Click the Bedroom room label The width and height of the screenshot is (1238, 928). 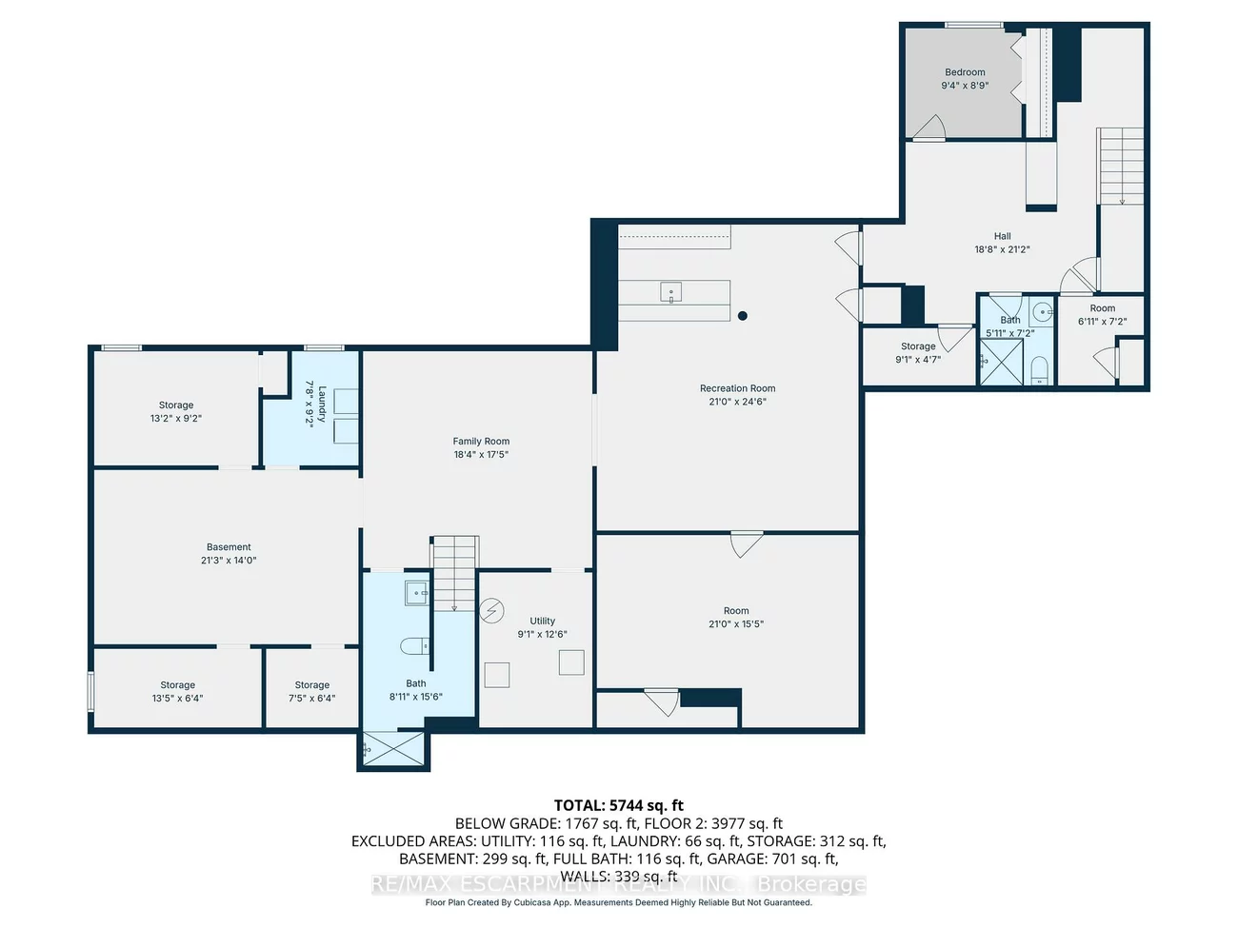pyautogui.click(x=965, y=72)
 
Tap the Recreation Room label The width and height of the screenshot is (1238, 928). pyautogui.click(x=737, y=388)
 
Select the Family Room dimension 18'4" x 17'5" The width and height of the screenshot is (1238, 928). pyautogui.click(x=481, y=455)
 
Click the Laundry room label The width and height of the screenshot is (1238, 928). pyautogui.click(x=322, y=405)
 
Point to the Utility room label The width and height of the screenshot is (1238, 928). pyautogui.click(x=543, y=621)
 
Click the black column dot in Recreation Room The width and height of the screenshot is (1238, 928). pyautogui.click(x=743, y=316)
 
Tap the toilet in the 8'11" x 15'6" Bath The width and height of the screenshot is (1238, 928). pyautogui.click(x=415, y=647)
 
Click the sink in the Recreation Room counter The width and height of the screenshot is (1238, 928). pyautogui.click(x=671, y=293)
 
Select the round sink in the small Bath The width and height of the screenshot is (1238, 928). pyautogui.click(x=1043, y=310)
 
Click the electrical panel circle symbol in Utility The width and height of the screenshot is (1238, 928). pyautogui.click(x=491, y=609)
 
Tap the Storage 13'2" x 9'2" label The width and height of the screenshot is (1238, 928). pyautogui.click(x=176, y=405)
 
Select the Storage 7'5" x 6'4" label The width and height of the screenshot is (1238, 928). pyautogui.click(x=311, y=685)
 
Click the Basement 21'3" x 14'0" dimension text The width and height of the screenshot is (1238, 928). pyautogui.click(x=229, y=561)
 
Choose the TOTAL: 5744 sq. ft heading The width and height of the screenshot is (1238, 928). pyautogui.click(x=619, y=805)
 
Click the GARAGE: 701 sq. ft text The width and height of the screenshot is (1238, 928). pyautogui.click(x=772, y=859)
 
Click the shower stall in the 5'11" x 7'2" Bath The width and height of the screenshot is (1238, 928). pyautogui.click(x=1001, y=362)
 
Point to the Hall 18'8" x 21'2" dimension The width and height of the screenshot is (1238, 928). pyautogui.click(x=1002, y=249)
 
